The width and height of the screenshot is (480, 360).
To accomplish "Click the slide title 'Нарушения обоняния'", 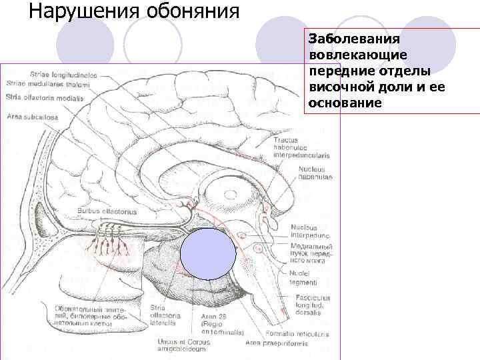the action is [134, 11].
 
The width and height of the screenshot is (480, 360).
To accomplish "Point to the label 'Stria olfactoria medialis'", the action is [45, 97].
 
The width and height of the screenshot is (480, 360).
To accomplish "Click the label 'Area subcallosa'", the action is [33, 117].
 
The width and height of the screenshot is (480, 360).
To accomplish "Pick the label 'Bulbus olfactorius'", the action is [107, 211].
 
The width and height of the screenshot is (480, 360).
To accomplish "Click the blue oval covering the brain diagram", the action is [208, 253].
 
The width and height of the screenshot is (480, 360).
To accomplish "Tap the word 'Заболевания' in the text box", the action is [344, 40].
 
